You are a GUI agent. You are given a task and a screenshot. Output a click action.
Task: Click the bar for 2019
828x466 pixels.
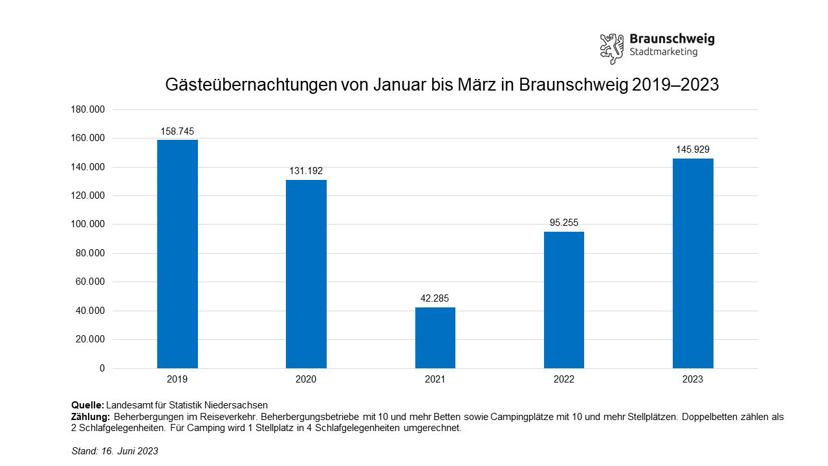(x=177, y=254)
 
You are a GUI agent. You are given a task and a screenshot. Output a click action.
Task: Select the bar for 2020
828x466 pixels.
(x=306, y=274)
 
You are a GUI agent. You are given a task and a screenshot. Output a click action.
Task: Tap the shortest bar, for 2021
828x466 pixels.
(x=435, y=337)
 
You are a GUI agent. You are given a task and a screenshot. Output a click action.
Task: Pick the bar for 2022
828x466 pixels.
(x=563, y=300)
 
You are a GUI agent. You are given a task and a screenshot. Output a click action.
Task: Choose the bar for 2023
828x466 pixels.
(x=693, y=263)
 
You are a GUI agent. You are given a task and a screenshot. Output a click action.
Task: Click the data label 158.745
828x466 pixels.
(x=177, y=131)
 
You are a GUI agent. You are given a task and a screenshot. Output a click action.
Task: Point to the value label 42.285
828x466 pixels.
(x=435, y=298)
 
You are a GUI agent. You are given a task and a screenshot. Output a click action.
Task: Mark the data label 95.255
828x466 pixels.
(x=563, y=223)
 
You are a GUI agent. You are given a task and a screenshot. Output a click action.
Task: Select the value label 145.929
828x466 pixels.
(x=693, y=150)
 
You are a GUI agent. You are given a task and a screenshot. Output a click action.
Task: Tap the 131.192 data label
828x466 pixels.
(x=306, y=171)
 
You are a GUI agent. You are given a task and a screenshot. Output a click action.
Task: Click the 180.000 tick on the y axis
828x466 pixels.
(x=87, y=109)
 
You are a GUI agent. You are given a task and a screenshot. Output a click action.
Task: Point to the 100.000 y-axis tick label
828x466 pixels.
(x=87, y=225)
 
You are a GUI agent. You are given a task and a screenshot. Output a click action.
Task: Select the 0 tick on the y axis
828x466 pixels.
(x=102, y=368)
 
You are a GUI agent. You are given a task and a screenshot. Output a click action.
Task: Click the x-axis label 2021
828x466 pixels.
(x=435, y=379)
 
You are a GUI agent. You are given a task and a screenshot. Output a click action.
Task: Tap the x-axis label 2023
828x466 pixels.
(x=693, y=379)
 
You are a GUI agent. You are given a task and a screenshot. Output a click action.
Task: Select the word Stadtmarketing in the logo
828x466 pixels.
(x=663, y=52)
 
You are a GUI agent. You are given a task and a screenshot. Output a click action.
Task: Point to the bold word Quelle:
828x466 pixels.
(x=87, y=405)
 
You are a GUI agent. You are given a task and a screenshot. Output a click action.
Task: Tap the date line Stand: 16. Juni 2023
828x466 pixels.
(x=114, y=451)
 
